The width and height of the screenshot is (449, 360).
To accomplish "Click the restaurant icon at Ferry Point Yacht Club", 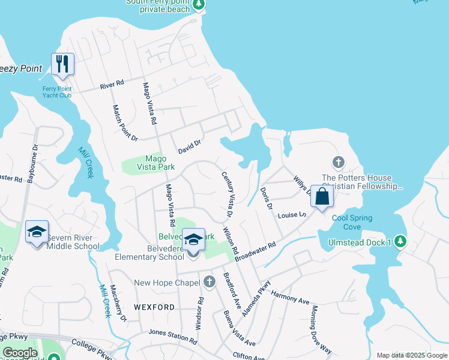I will pos(62,64).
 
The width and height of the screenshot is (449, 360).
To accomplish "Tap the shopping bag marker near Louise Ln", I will pos(322,196).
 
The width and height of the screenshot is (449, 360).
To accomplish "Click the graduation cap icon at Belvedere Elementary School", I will pos(193,240).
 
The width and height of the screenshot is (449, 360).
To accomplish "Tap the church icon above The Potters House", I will pos(339,163).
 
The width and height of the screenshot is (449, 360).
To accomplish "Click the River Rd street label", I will pos(112,85).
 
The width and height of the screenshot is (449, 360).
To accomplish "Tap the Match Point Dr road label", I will pos(125,122).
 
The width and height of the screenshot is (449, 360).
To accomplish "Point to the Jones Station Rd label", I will pos(173,336).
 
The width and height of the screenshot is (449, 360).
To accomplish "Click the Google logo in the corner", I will pos(20,353).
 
